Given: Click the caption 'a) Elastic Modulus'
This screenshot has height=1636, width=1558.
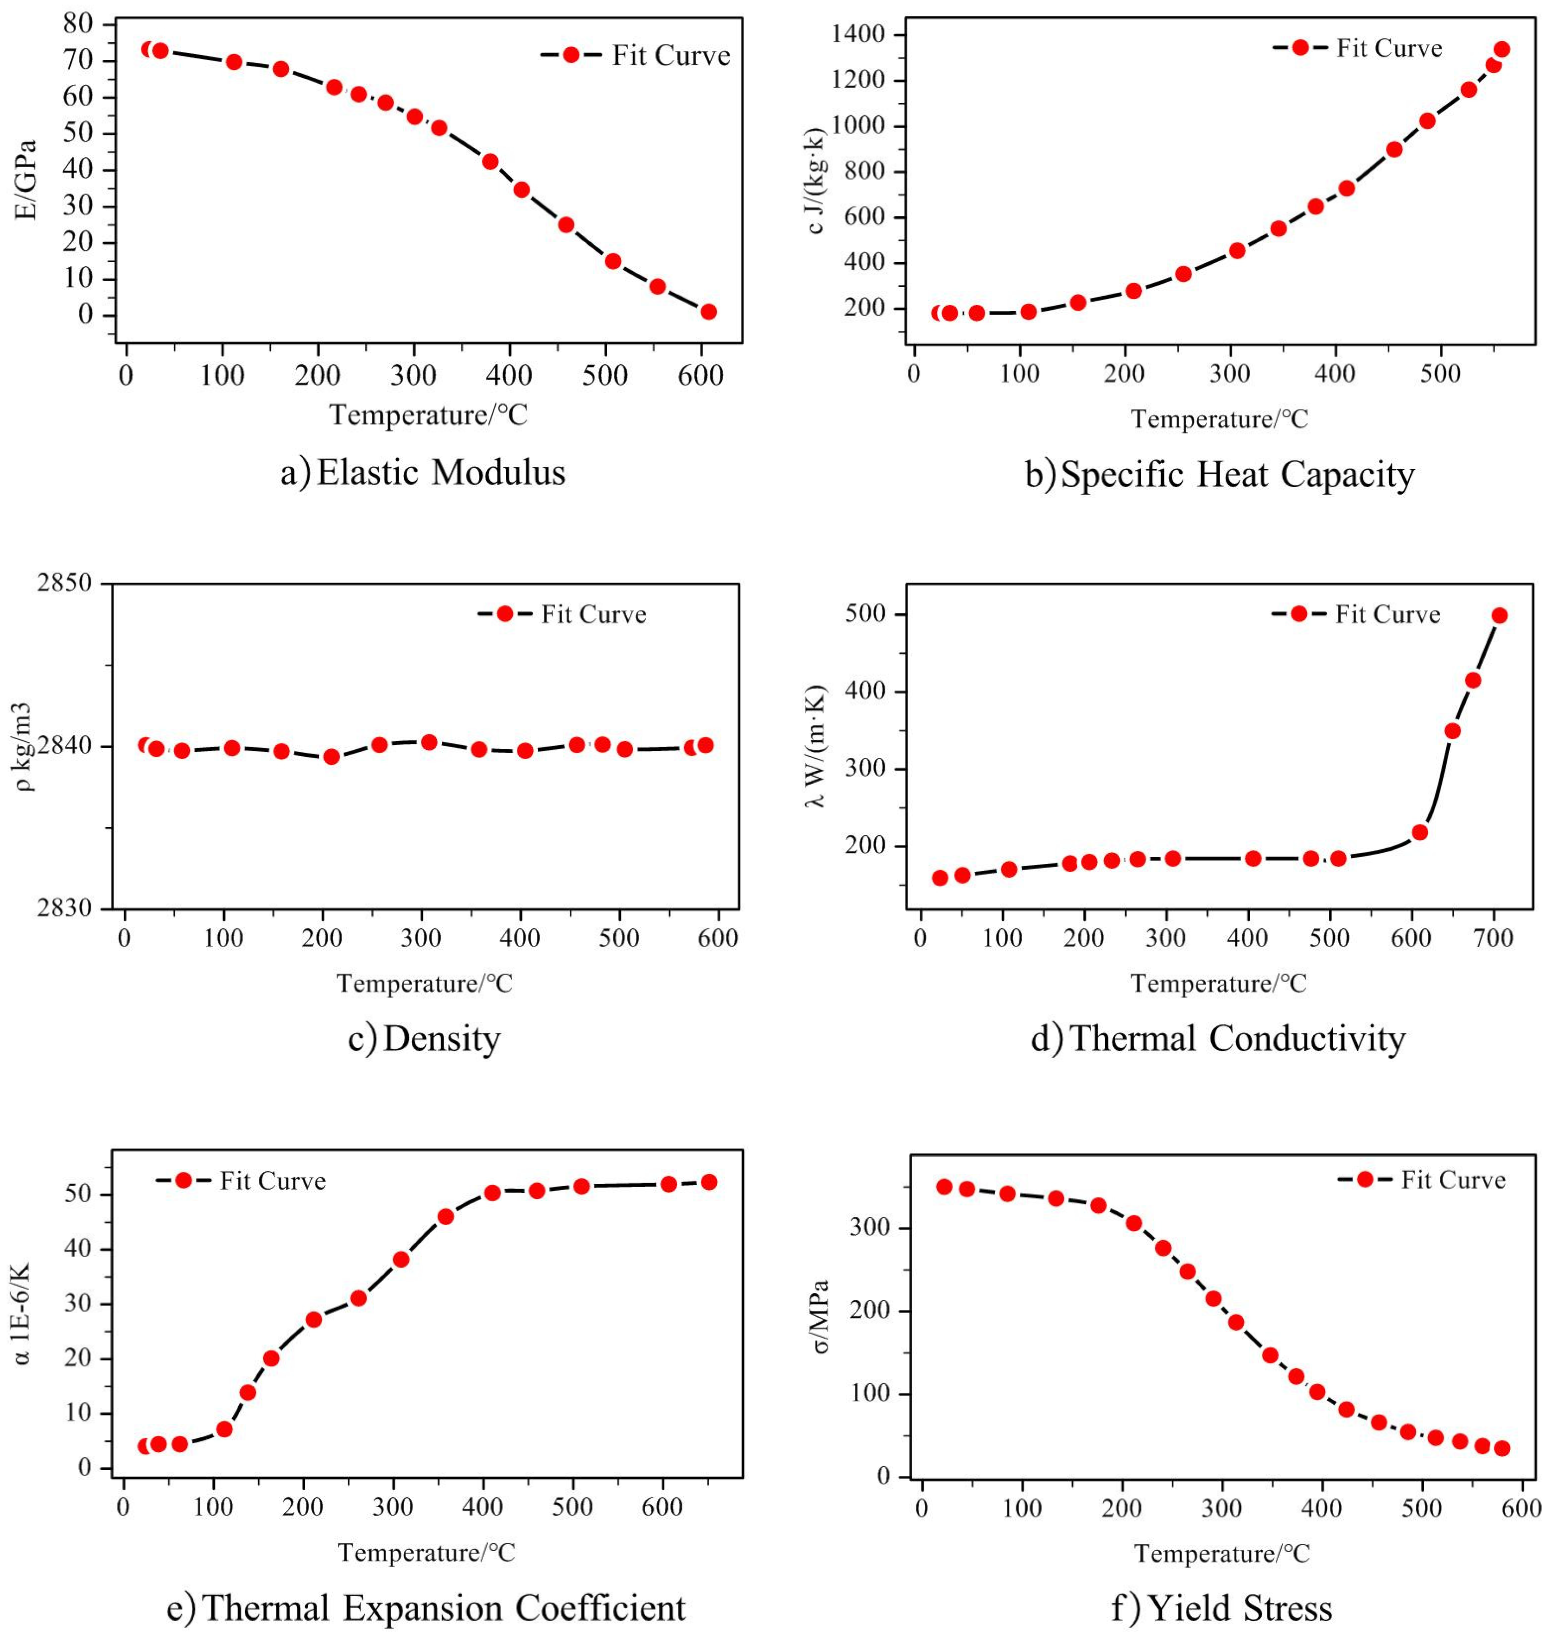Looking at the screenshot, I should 423,473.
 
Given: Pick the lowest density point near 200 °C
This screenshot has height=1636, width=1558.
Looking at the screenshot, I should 331,756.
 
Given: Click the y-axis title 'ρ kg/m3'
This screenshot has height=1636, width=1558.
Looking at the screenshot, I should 25,747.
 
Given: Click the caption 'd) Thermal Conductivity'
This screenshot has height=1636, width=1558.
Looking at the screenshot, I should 1217,1038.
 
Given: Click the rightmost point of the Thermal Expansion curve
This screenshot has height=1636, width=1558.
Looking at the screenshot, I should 708,1182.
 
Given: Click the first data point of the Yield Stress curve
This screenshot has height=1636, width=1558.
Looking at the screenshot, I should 943,1187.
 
